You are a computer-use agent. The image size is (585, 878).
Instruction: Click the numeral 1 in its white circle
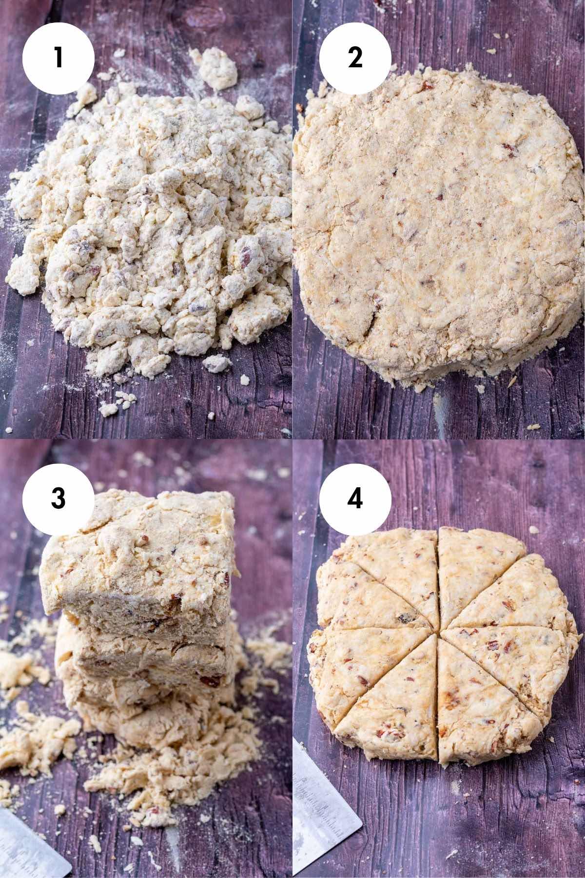[58, 58]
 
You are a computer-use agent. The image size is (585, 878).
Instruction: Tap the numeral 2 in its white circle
[355, 58]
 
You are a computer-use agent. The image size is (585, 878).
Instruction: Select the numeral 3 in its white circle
[58, 498]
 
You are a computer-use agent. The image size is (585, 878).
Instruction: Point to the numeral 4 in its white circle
[355, 498]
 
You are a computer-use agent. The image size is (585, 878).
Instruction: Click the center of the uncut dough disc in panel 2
[439, 224]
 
